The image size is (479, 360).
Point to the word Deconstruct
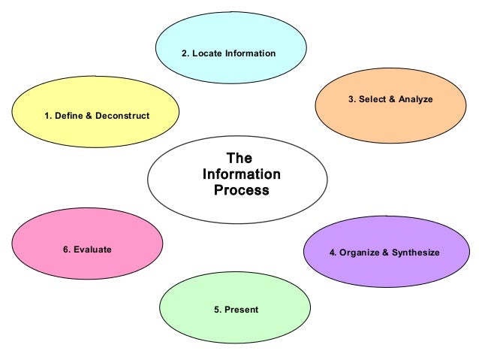pyautogui.click(x=122, y=116)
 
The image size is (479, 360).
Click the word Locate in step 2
pyautogui.click(x=206, y=53)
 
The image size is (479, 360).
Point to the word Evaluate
pyautogui.click(x=92, y=249)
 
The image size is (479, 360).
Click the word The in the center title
pyautogui.click(x=239, y=158)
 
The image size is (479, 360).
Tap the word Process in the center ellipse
pyautogui.click(x=241, y=190)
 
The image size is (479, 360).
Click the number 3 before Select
pyautogui.click(x=351, y=99)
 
